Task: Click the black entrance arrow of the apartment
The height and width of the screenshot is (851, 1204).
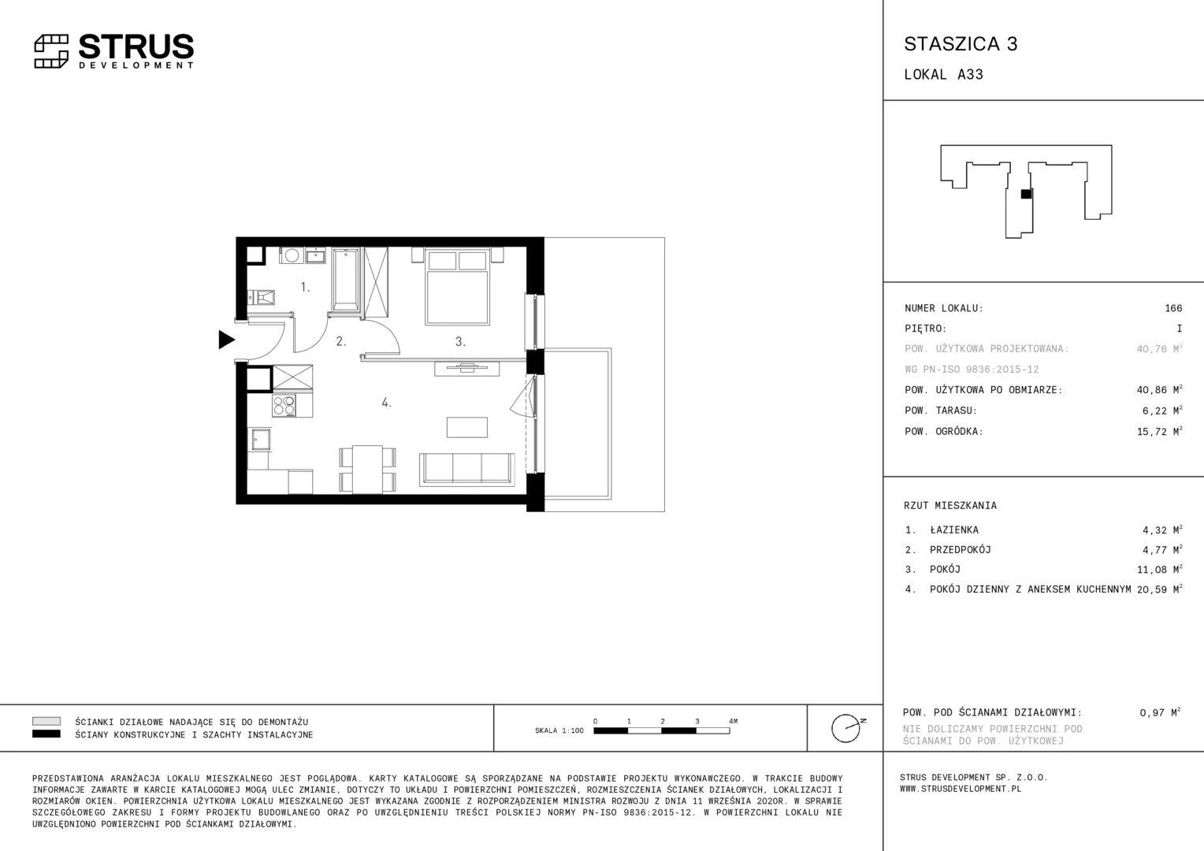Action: click(x=226, y=340)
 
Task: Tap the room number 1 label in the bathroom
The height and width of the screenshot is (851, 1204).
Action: click(x=305, y=288)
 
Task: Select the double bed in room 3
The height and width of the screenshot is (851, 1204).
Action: click(x=458, y=287)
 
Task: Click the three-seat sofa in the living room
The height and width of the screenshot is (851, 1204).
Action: click(x=466, y=469)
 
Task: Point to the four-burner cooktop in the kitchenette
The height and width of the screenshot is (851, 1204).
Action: click(x=284, y=406)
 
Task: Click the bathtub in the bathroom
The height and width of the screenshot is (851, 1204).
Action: click(x=346, y=280)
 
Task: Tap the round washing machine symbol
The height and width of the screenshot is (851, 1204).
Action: click(x=292, y=255)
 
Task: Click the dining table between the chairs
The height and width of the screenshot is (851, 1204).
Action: click(x=368, y=469)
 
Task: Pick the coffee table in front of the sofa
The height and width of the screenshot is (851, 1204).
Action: click(x=467, y=427)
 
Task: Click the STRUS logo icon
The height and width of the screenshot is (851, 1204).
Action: click(x=51, y=51)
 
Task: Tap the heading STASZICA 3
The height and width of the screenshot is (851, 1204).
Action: click(x=961, y=44)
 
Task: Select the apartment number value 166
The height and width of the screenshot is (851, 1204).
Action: click(x=1173, y=308)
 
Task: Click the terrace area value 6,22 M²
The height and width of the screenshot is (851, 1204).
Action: click(x=1162, y=411)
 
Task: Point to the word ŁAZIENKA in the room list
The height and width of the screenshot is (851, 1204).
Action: click(x=954, y=530)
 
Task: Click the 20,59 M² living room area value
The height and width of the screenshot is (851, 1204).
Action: click(x=1159, y=589)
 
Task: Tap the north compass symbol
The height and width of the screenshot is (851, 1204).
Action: click(x=848, y=728)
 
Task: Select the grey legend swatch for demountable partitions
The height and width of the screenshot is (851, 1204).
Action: click(x=46, y=722)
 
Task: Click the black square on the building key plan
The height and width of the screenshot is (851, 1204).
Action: click(x=1026, y=194)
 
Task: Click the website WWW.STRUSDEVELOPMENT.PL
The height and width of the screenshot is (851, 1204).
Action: click(x=961, y=789)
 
